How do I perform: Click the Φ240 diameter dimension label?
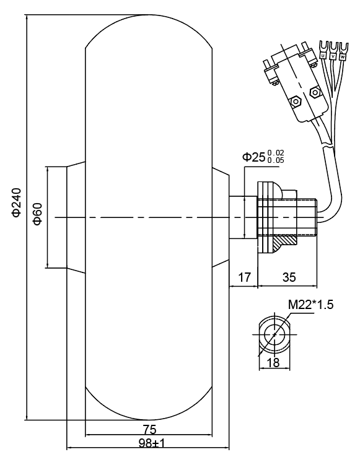(x=17, y=202)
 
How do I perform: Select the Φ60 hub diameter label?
(x=38, y=214)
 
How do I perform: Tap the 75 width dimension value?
(x=150, y=429)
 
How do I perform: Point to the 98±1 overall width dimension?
(x=152, y=443)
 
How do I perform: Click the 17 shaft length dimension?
(x=245, y=277)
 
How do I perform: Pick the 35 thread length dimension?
(x=289, y=277)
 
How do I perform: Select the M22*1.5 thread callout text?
(x=310, y=305)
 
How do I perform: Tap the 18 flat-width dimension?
(x=273, y=363)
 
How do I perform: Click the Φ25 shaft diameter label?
(x=253, y=157)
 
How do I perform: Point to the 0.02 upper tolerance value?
(x=276, y=153)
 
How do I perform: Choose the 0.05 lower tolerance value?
(x=276, y=160)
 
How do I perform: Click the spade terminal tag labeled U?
(x=323, y=55)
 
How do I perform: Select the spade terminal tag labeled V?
(x=333, y=56)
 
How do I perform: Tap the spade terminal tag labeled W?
(x=343, y=56)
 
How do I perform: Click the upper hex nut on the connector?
(x=315, y=92)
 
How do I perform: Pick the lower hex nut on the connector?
(x=296, y=101)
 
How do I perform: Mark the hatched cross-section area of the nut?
(x=284, y=242)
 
